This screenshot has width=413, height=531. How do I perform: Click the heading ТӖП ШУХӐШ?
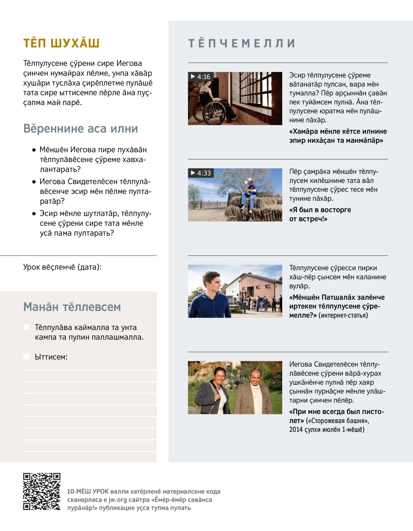click(x=61, y=43)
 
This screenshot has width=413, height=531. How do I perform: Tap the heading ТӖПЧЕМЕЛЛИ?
click(x=242, y=43)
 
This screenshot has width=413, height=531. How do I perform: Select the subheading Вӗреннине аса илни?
click(x=81, y=129)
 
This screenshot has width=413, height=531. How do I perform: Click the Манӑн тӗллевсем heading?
click(x=72, y=307)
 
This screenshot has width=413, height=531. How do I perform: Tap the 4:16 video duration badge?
click(x=201, y=77)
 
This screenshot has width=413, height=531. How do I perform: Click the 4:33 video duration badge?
click(x=201, y=173)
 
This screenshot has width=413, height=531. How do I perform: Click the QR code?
click(x=42, y=491)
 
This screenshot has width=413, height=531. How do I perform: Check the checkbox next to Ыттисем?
click(x=26, y=357)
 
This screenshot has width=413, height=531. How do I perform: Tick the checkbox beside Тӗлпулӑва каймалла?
click(x=26, y=327)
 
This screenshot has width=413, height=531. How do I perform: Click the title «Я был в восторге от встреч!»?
click(x=320, y=214)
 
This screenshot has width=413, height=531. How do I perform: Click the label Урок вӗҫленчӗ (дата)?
click(x=62, y=267)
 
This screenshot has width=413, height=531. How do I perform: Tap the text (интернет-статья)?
click(x=343, y=315)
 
